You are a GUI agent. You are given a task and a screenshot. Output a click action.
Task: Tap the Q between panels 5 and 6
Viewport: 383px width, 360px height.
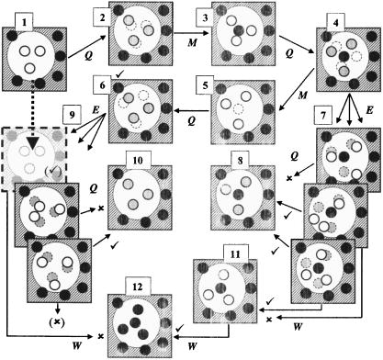(x=191, y=118)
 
